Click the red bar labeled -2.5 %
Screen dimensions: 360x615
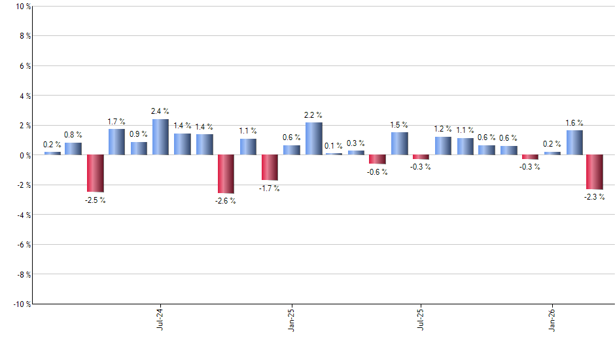click(x=95, y=173)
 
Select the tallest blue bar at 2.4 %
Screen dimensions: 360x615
click(x=160, y=137)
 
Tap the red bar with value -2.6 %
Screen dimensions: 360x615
click(x=226, y=174)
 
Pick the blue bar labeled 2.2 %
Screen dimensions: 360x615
click(x=313, y=139)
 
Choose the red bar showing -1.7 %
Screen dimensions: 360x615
click(x=270, y=168)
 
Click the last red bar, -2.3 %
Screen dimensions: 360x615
click(x=595, y=172)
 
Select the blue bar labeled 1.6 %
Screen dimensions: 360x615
click(x=574, y=143)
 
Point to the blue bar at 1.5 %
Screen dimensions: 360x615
click(x=400, y=143)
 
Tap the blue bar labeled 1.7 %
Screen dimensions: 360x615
click(x=116, y=142)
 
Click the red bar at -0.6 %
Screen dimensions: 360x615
click(x=378, y=159)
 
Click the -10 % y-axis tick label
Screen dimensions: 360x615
click(x=20, y=304)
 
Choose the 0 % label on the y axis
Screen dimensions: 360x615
click(x=24, y=155)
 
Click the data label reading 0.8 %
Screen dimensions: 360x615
click(x=73, y=135)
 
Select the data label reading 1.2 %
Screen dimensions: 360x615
click(x=443, y=129)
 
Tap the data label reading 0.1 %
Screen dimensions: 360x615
click(x=334, y=145)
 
